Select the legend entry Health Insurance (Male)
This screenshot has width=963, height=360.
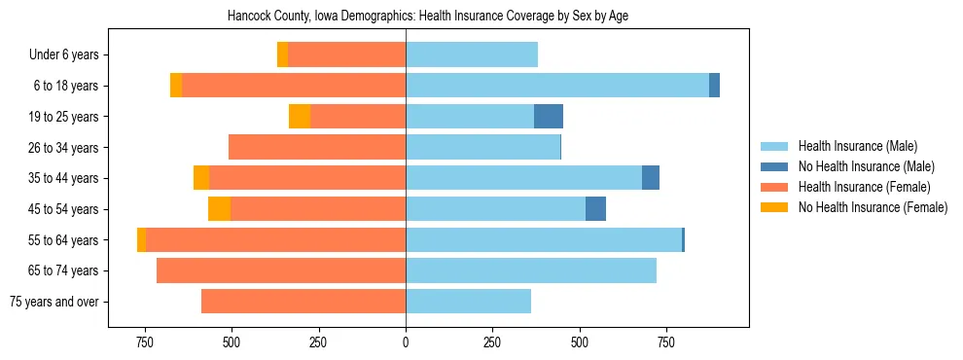click(857, 146)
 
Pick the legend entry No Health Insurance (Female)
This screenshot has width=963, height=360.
click(873, 207)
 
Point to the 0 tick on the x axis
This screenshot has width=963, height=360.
click(406, 342)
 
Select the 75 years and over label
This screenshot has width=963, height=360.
click(53, 302)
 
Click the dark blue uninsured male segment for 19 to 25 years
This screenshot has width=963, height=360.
click(549, 117)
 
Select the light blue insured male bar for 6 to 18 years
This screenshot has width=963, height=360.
click(557, 86)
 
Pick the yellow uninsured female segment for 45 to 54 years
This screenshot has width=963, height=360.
click(219, 209)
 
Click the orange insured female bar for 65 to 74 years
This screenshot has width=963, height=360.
click(281, 270)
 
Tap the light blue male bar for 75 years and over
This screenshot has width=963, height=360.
click(468, 302)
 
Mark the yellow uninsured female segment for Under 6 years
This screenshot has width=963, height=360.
click(282, 55)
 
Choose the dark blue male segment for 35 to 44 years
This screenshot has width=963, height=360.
click(651, 178)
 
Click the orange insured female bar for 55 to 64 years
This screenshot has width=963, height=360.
click(275, 240)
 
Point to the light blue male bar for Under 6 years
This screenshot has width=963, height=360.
click(472, 55)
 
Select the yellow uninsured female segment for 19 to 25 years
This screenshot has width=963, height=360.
click(300, 117)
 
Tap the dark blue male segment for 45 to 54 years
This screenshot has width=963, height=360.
click(595, 209)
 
